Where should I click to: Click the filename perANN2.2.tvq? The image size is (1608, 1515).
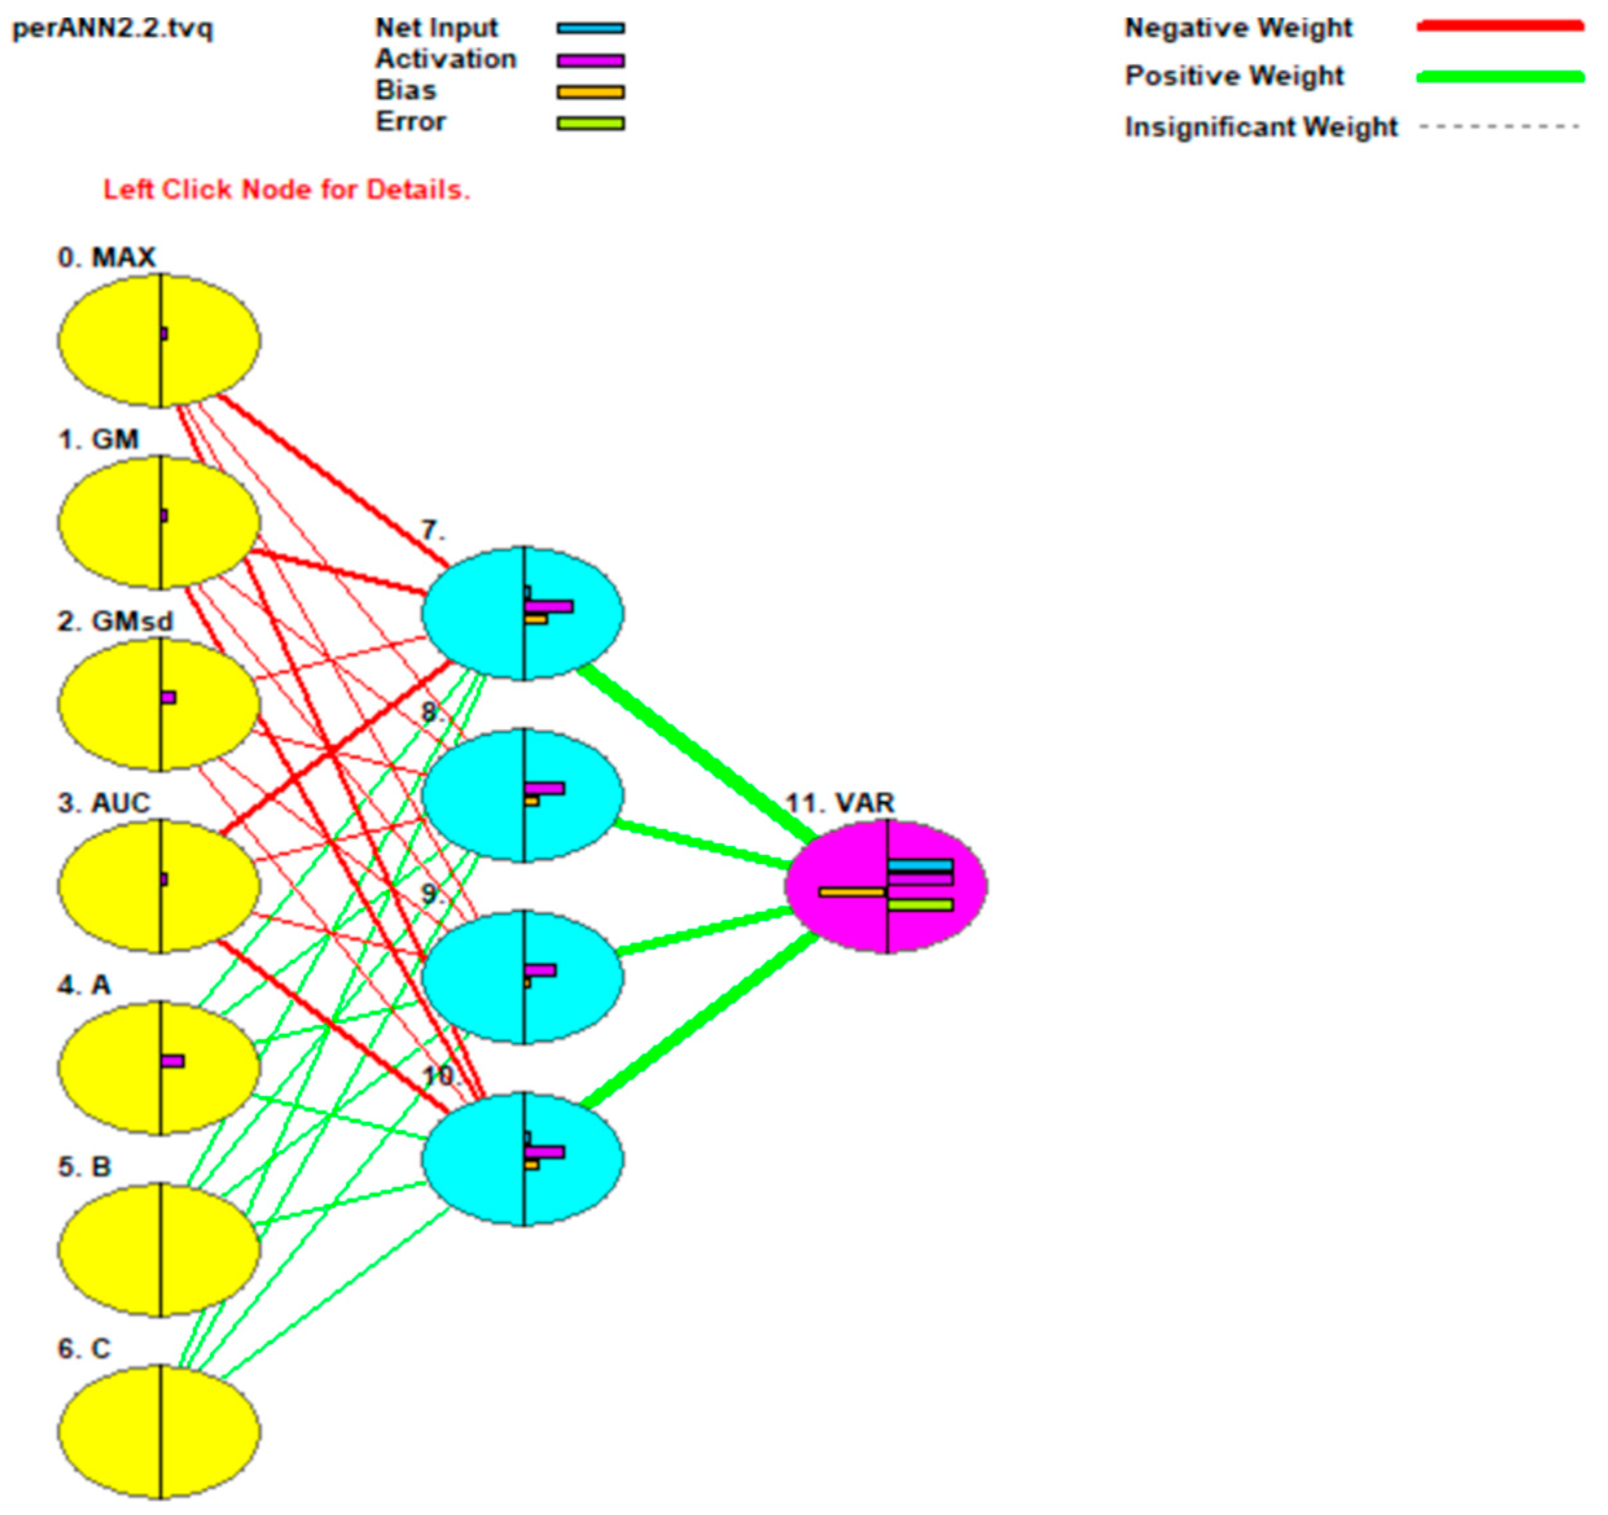point(113,29)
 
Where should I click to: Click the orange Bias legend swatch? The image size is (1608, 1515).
point(590,92)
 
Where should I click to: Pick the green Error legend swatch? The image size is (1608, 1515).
point(590,124)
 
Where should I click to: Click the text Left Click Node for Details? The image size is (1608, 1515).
point(286,190)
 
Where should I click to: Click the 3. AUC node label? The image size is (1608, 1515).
point(104,803)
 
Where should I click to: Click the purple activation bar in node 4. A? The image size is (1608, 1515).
point(172,1061)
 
